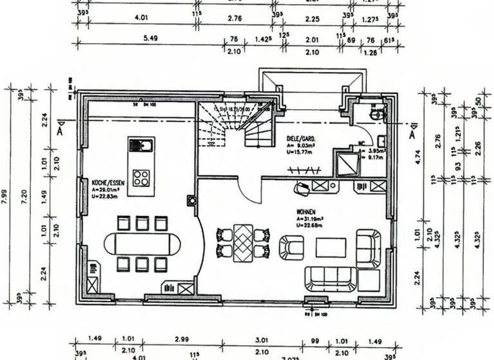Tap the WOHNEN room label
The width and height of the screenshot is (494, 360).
(x=306, y=211)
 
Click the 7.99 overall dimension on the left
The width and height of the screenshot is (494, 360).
(x=5, y=196)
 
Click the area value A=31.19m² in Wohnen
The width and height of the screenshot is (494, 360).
(x=309, y=218)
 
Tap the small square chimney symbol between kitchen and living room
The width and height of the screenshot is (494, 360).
(x=191, y=199)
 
